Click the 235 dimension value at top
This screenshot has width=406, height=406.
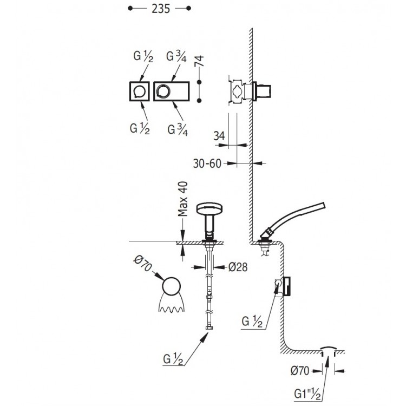point(161,9)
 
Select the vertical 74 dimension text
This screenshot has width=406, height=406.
point(199,61)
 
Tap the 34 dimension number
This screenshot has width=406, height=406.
point(219,136)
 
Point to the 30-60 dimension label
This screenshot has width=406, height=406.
point(207,163)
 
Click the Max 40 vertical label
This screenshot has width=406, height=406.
point(183,199)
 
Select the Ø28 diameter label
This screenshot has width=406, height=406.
point(238,267)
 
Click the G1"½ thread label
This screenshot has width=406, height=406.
point(307,394)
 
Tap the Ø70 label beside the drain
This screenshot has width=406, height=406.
point(300,371)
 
